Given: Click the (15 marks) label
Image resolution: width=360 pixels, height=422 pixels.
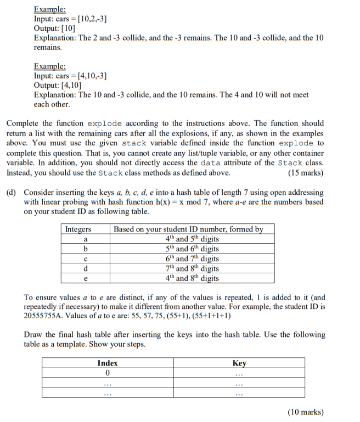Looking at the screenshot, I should point(305,173).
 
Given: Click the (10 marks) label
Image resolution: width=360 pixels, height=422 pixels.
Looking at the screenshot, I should point(305,412).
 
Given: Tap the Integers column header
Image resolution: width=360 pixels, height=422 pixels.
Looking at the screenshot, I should point(78,229).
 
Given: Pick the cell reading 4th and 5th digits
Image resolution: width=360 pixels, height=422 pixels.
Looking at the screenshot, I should point(192,239).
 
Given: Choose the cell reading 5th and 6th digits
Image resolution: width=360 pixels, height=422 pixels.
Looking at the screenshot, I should point(192,249).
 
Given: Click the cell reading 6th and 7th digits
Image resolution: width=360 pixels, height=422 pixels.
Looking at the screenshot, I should point(192,258).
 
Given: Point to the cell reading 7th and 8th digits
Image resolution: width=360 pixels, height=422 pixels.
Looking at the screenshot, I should point(192,268).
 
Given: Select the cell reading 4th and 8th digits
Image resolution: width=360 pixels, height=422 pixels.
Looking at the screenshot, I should point(192,278).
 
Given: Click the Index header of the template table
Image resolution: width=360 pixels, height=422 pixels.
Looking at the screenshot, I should point(108,363).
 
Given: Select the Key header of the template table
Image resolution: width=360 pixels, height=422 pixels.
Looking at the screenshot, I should point(239,363).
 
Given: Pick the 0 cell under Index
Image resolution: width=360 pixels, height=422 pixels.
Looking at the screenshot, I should point(108,373).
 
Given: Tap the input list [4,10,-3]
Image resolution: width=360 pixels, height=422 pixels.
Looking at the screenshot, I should point(93,76).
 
